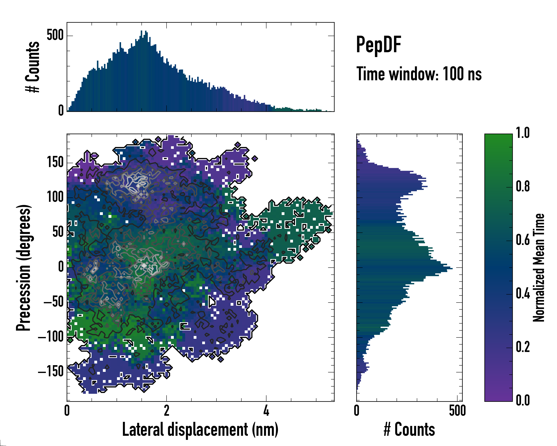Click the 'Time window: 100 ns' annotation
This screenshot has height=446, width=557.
click(x=419, y=74)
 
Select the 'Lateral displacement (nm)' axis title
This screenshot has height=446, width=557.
click(x=200, y=429)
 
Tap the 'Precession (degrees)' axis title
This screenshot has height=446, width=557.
click(x=24, y=268)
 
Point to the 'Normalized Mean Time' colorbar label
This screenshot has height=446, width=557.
click(x=539, y=268)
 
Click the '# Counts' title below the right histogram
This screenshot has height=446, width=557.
click(x=409, y=429)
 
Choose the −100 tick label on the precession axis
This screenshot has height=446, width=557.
click(x=51, y=337)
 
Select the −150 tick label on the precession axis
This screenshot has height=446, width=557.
click(x=51, y=371)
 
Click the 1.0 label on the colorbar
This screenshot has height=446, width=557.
click(x=523, y=133)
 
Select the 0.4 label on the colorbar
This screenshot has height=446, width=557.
click(x=523, y=294)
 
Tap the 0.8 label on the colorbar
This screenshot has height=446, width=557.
click(x=523, y=187)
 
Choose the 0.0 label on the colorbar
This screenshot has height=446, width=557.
click(x=523, y=400)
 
